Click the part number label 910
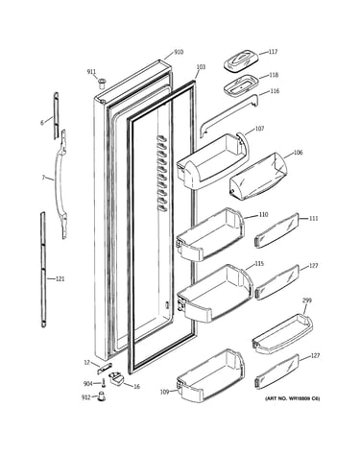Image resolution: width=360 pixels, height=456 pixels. [179, 52]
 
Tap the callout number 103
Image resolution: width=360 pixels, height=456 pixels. [201, 67]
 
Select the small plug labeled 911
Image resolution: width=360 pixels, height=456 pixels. [102, 84]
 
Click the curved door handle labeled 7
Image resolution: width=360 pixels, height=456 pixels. [60, 184]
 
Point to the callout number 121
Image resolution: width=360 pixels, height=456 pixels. [60, 279]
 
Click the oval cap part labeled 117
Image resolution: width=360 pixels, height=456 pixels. [241, 60]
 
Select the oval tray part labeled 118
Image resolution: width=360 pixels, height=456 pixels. [241, 85]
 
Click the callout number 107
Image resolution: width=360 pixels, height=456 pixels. [259, 129]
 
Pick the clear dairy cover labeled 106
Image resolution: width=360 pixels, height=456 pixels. [258, 176]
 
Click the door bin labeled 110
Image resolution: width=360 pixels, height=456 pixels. [210, 234]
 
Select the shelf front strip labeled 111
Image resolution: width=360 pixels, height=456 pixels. [276, 230]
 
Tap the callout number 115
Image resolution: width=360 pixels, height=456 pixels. [259, 264]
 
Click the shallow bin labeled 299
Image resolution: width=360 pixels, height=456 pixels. [282, 334]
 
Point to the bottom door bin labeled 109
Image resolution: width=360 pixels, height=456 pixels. [210, 375]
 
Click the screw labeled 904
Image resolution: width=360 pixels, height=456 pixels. [104, 383]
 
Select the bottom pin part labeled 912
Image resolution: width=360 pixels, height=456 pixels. [102, 396]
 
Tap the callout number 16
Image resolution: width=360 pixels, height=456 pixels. [136, 387]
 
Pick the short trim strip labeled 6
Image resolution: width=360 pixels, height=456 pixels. [56, 116]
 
